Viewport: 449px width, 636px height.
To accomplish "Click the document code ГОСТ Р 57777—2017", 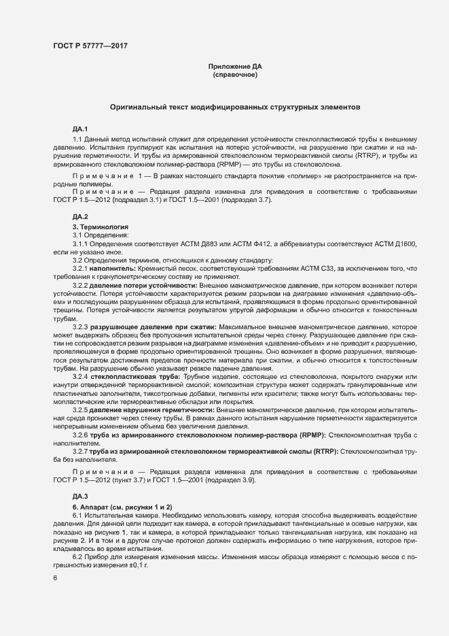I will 90,46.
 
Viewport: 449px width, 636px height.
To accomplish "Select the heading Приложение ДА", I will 234,66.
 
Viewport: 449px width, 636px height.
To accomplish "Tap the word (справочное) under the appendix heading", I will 234,74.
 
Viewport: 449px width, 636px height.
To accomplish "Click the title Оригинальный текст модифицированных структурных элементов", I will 234,107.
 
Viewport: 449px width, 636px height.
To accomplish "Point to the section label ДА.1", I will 80,129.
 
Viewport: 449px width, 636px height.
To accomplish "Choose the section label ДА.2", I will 80,216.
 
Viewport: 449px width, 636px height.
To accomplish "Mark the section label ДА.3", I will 80,497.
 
